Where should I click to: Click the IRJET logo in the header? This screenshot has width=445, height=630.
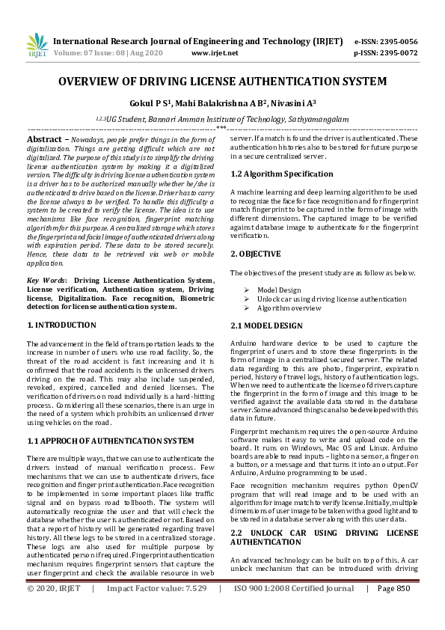point(36,46)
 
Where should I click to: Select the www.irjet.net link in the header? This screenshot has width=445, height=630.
point(215,53)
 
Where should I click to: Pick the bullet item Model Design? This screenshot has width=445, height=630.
point(279,290)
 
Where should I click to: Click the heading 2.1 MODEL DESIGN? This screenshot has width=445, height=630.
point(266,325)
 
